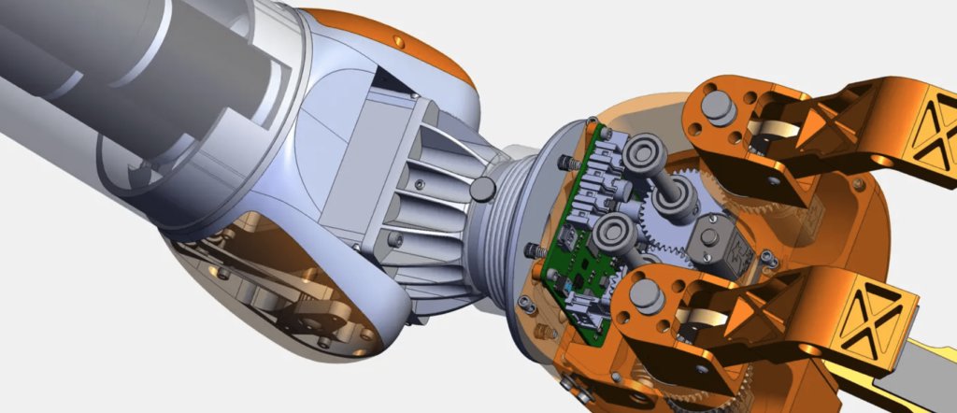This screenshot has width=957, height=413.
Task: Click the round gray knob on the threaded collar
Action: tap(483, 190)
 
